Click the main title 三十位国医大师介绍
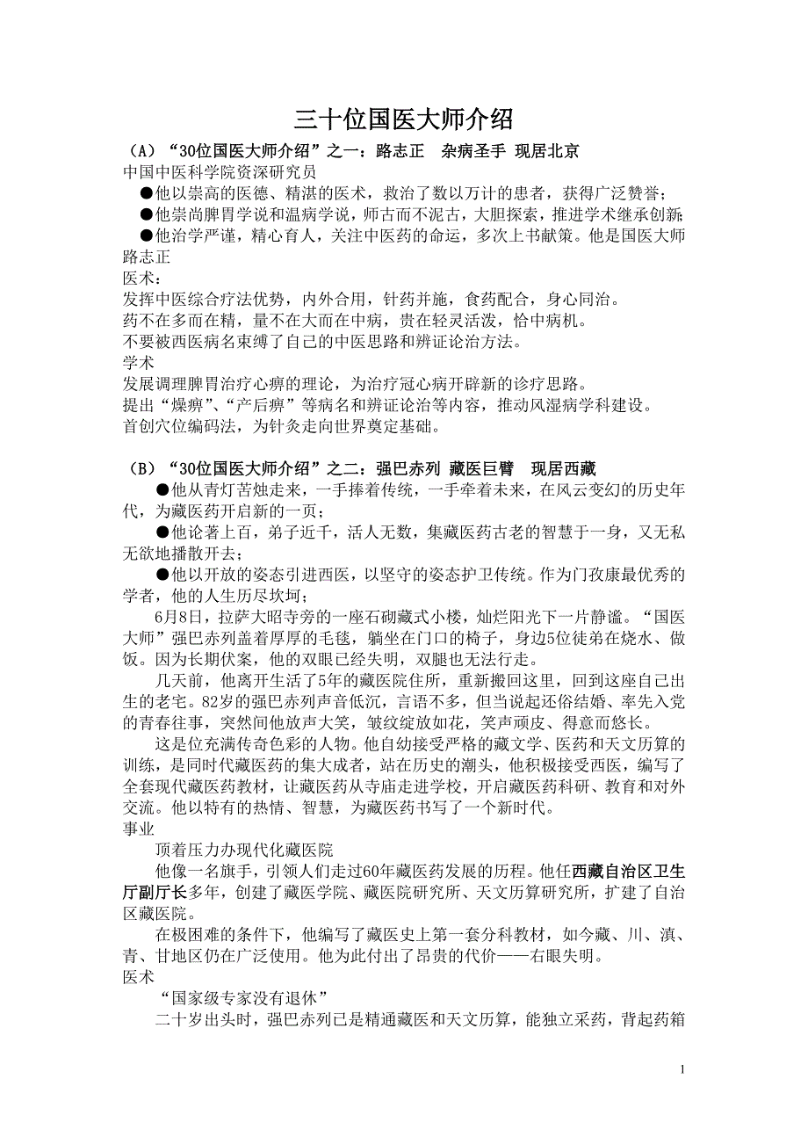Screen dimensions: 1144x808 click(403, 119)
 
